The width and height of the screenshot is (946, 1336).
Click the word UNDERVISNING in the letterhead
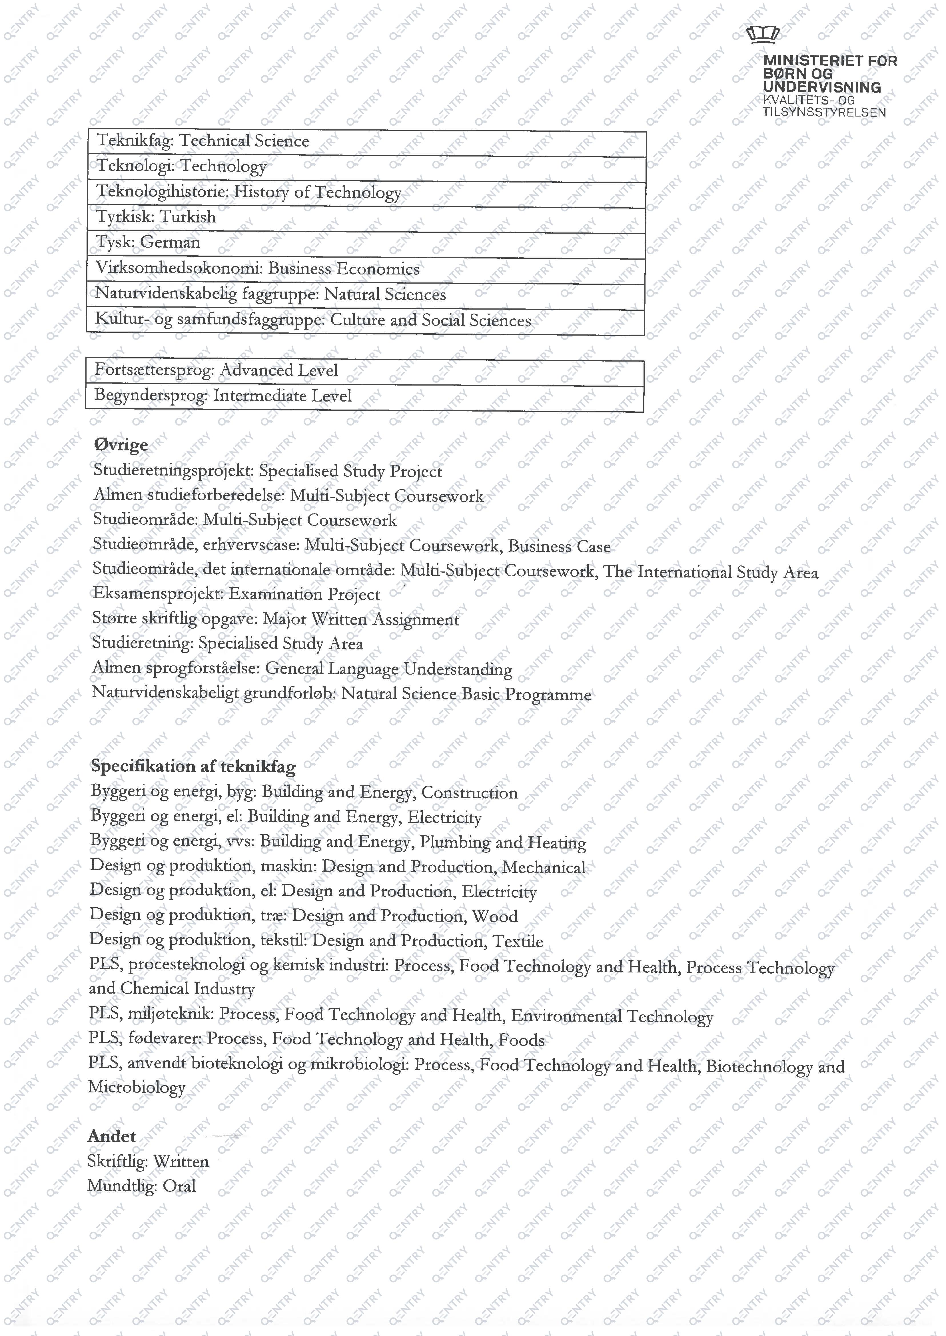pos(821,87)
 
